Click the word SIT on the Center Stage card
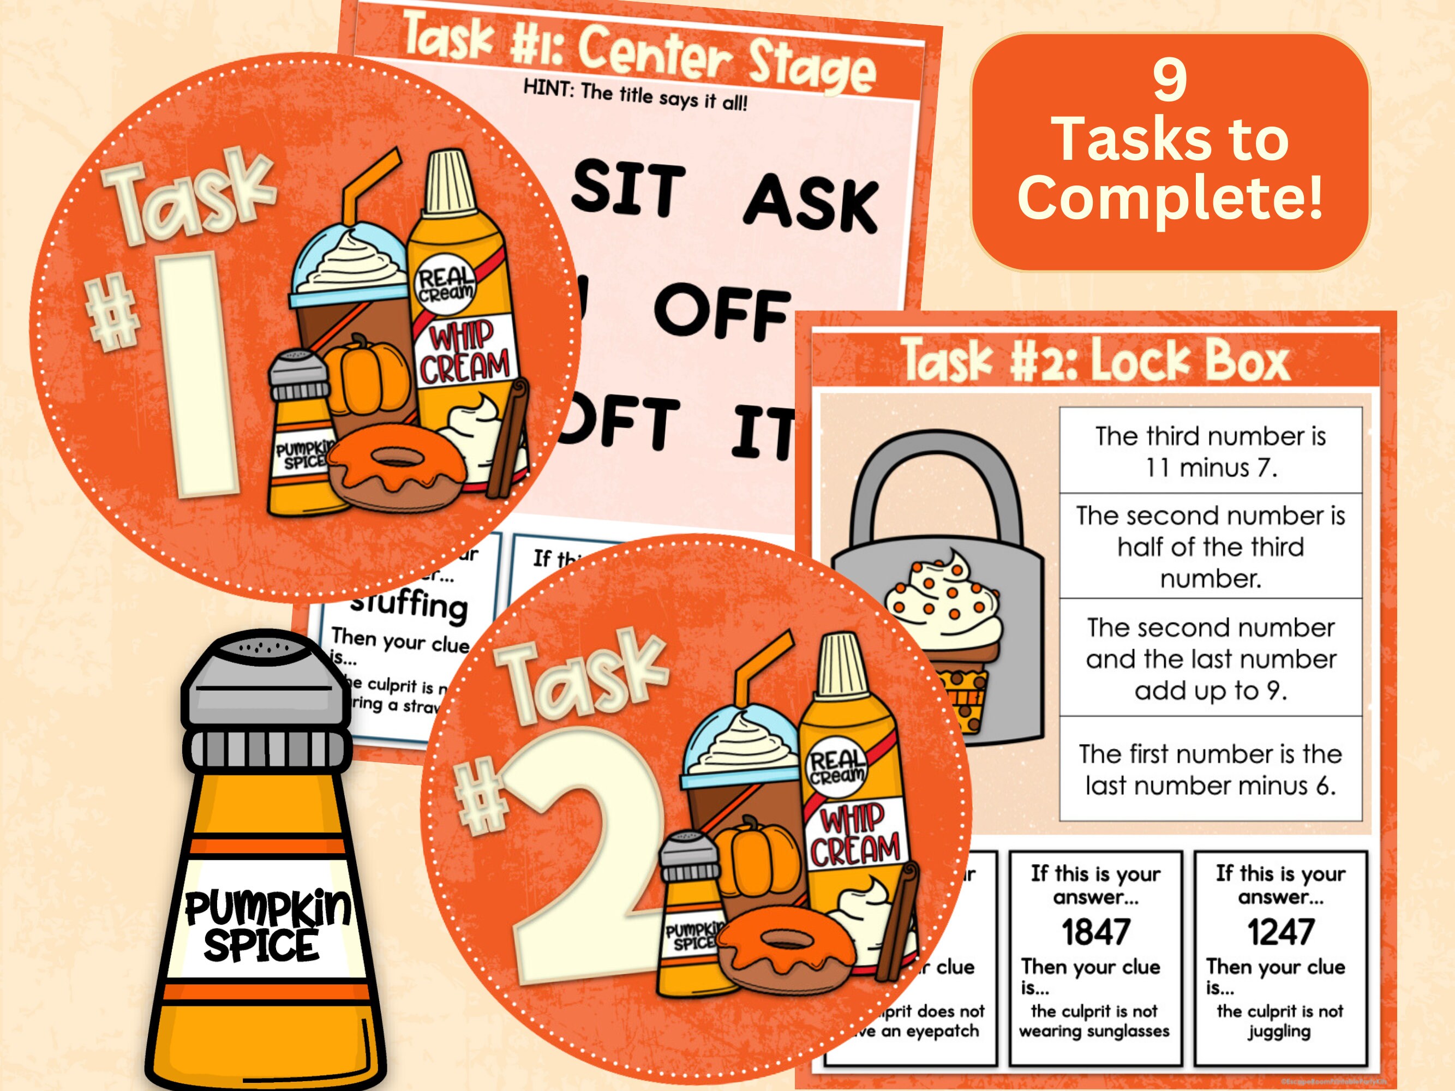pos(628,188)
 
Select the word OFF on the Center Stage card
pos(722,311)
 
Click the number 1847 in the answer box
pos(1095,932)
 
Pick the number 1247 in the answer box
pos(1280,932)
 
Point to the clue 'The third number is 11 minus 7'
pos(1209,451)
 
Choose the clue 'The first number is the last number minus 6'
pos(1209,769)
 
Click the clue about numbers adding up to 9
pos(1209,658)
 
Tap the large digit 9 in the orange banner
pos(1170,80)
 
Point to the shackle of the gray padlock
pos(934,487)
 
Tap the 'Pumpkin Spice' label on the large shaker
pos(266,924)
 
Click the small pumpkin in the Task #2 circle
pos(750,855)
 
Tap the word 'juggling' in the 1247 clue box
pos(1279,1031)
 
